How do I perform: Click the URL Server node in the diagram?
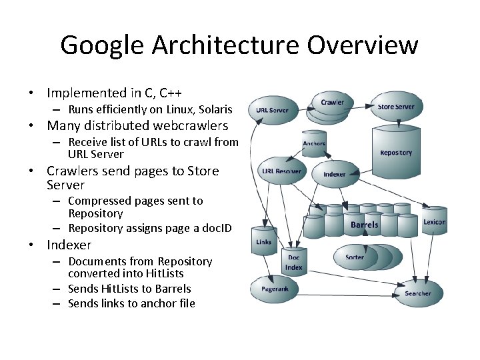[273, 110]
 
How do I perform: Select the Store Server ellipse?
[396, 107]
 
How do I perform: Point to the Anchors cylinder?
[314, 145]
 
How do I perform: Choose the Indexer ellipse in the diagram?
[335, 173]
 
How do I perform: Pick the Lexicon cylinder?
[435, 221]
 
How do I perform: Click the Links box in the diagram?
[264, 242]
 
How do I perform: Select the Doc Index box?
[294, 263]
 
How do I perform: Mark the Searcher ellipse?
[418, 293]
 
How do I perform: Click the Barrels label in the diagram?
[365, 225]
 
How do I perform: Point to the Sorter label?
[355, 257]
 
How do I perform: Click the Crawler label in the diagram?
[333, 103]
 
